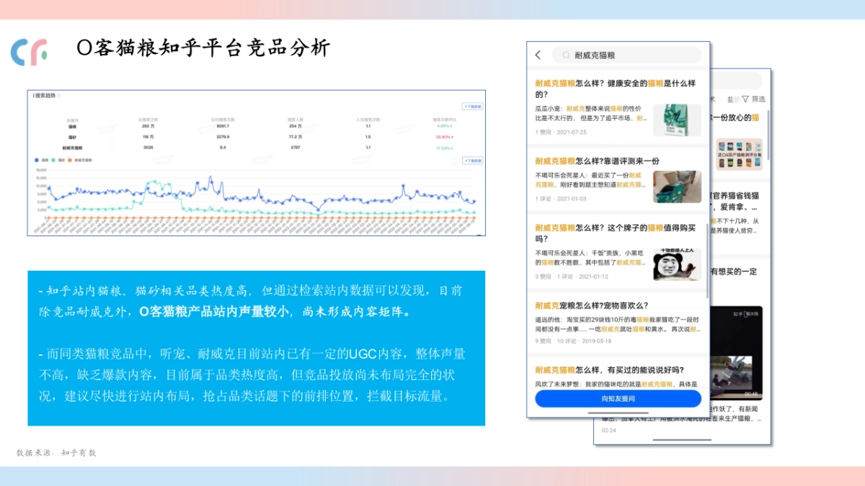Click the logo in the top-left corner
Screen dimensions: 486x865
click(29, 52)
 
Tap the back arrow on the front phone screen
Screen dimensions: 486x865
click(538, 55)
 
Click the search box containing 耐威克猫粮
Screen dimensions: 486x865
click(626, 55)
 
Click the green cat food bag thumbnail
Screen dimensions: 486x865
click(677, 120)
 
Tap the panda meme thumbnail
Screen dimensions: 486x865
click(677, 264)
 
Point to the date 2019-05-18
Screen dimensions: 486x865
click(595, 341)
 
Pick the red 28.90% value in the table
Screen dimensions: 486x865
click(444, 136)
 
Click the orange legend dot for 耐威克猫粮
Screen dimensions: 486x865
click(71, 160)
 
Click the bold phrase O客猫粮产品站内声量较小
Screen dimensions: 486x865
click(214, 312)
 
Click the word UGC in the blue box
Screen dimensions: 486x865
click(359, 354)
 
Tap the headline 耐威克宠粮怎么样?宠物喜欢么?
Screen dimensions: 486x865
click(592, 305)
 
